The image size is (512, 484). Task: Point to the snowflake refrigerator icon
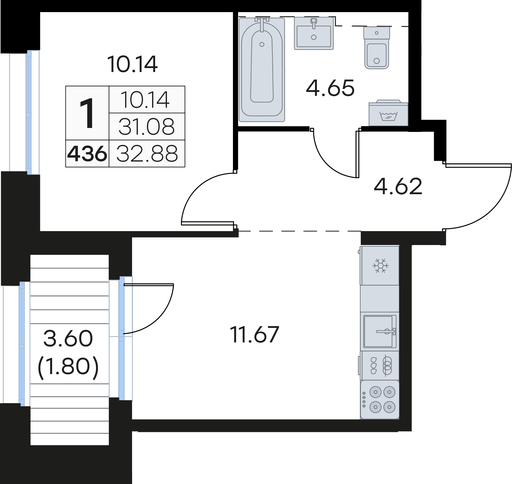click(381, 266)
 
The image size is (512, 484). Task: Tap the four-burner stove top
click(380, 400)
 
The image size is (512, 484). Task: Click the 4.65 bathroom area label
click(330, 88)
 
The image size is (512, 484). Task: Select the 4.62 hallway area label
click(398, 186)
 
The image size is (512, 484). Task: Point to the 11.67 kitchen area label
click(254, 335)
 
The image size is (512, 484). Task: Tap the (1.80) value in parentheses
click(68, 367)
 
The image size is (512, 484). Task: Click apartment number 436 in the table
click(87, 154)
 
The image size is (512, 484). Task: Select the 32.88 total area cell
click(147, 154)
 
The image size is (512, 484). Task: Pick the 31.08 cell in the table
click(147, 127)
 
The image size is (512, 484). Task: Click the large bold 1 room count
click(87, 113)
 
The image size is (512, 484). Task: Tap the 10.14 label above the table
click(132, 64)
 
